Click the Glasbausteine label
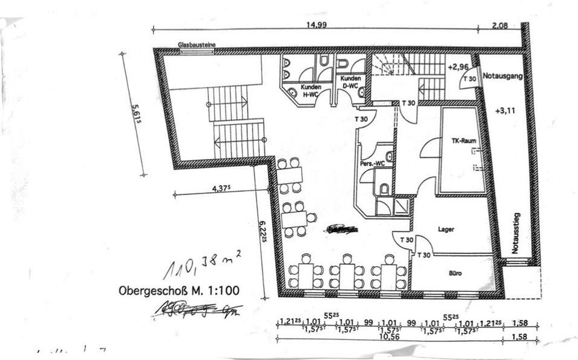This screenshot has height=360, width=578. coord(197,45)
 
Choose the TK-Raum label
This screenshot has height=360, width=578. coord(464,141)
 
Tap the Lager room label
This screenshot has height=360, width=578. coord(446,229)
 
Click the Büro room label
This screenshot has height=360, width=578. coord(455,273)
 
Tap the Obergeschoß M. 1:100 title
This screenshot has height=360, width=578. coord(179,290)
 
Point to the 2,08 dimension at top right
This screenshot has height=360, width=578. coord(500,25)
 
